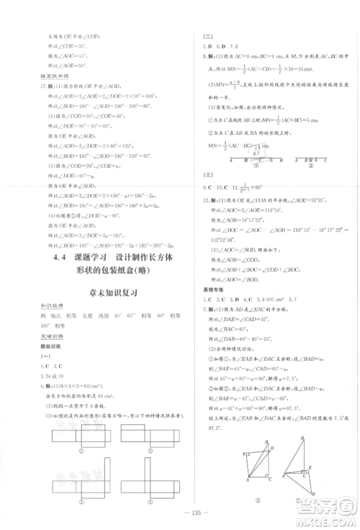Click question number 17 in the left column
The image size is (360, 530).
click(x=45, y=86)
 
